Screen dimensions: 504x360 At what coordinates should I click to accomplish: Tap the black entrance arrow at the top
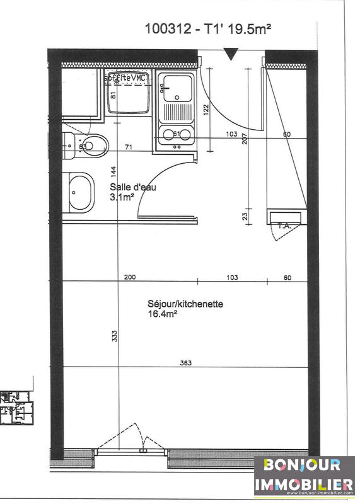232,55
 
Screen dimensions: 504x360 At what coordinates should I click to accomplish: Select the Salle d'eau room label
132,187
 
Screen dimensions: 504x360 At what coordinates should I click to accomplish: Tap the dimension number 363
185,363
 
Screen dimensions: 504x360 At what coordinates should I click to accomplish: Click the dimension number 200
130,277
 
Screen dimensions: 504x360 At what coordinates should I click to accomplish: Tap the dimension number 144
113,172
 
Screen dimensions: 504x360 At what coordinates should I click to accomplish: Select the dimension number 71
129,147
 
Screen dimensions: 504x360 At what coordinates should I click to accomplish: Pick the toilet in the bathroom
90,146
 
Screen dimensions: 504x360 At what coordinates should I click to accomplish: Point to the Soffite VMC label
126,76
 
